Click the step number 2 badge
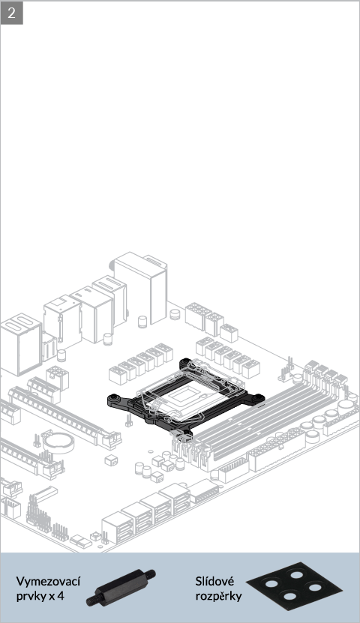click(x=11, y=13)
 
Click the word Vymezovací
click(x=48, y=581)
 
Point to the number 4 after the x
click(x=61, y=596)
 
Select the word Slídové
click(x=214, y=581)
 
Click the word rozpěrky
click(x=218, y=596)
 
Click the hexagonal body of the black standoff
click(x=121, y=586)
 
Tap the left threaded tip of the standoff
click(x=91, y=601)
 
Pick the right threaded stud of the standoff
click(x=150, y=574)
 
